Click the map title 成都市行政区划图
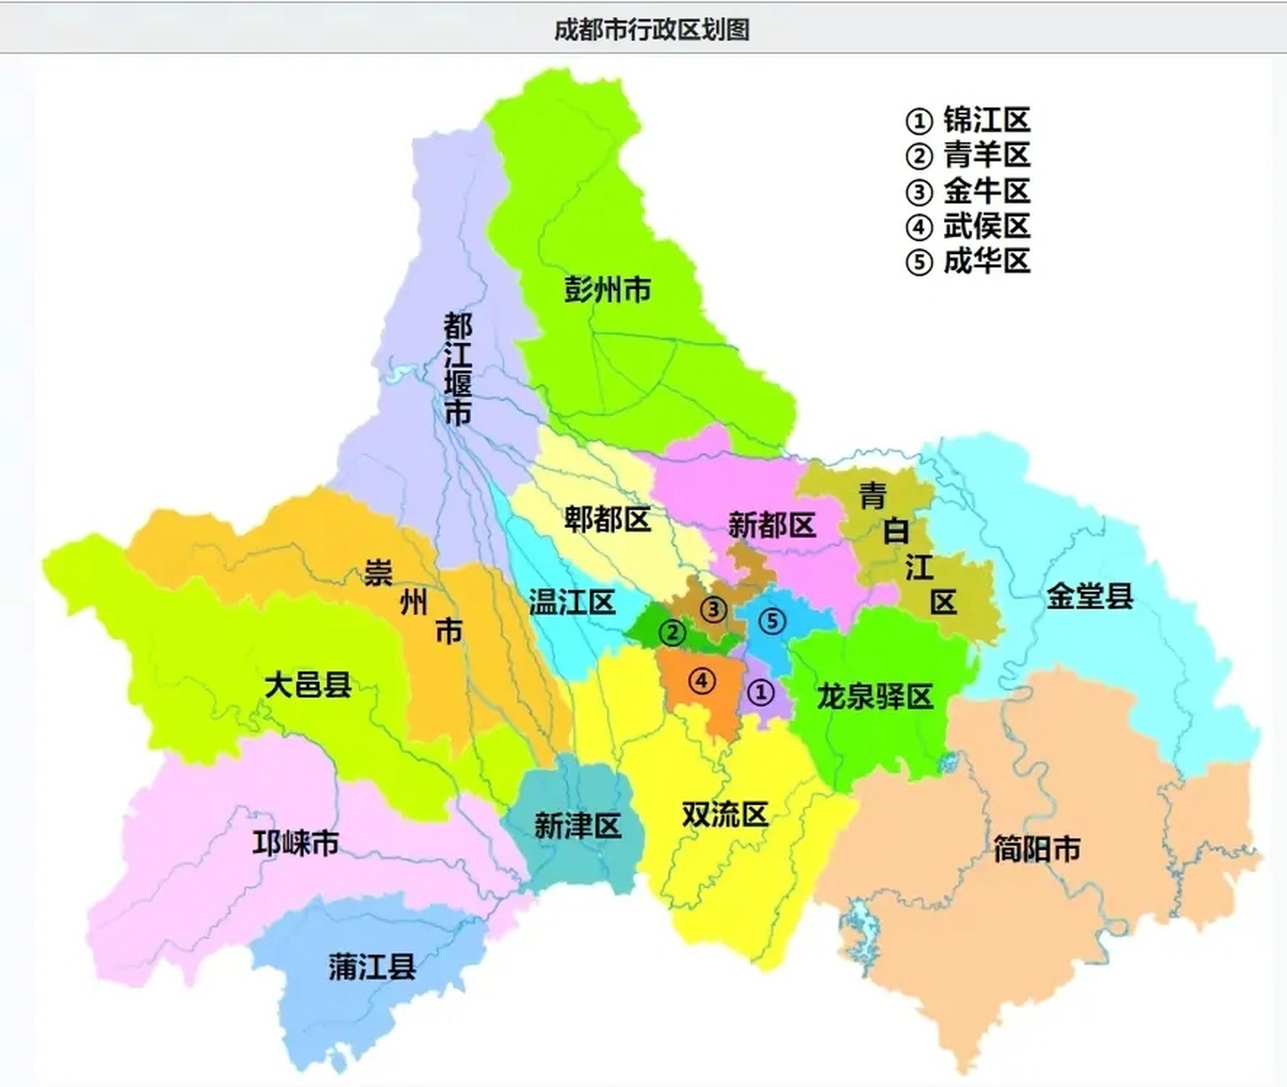tap(651, 30)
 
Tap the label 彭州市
tap(608, 290)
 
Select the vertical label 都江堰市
tap(458, 369)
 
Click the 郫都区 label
tap(608, 519)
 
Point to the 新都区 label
tap(772, 525)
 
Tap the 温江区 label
tap(572, 602)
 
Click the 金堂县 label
tap(1090, 595)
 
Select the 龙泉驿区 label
tap(875, 696)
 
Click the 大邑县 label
tap(308, 684)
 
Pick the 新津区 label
tap(577, 825)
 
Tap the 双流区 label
tap(725, 814)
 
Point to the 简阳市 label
tap(1037, 848)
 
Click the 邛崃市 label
tap(295, 842)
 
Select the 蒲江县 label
tap(372, 966)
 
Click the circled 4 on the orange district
tap(701, 680)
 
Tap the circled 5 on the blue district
tap(772, 621)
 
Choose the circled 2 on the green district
tap(672, 632)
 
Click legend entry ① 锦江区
tap(968, 121)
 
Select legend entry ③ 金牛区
tap(968, 191)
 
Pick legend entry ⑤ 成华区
tap(968, 262)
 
